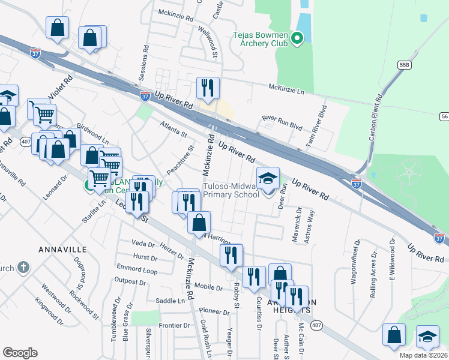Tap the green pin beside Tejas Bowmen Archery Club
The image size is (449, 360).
[297, 40]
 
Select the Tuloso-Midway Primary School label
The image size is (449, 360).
[231, 191]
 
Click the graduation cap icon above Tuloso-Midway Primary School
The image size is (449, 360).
[268, 178]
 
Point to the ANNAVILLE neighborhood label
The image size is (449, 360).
[63, 249]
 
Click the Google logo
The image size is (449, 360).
[20, 353]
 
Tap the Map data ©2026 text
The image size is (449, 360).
[421, 355]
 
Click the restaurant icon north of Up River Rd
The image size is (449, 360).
[208, 88]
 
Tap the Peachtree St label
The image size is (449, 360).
[181, 159]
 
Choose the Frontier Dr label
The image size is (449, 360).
[174, 326]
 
